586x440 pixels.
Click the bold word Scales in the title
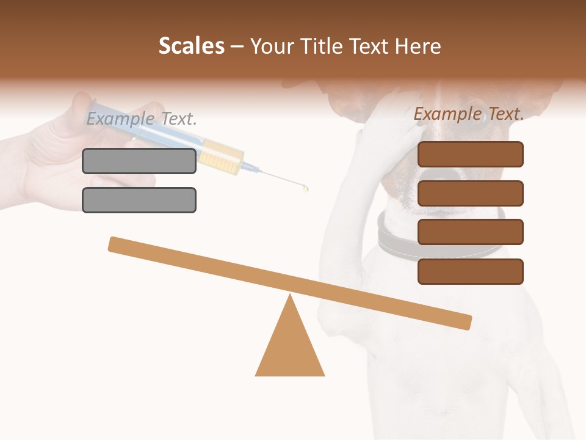[191, 46]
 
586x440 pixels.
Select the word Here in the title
[418, 46]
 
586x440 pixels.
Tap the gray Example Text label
[142, 119]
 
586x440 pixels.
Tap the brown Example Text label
[469, 114]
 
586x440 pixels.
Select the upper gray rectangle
[139, 161]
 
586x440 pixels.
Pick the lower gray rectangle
[139, 200]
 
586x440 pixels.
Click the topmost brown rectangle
[470, 154]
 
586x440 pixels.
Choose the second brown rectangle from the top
[470, 193]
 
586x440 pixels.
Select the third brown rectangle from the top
[470, 232]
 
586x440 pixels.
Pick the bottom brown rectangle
[470, 271]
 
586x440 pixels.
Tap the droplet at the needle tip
[306, 189]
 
